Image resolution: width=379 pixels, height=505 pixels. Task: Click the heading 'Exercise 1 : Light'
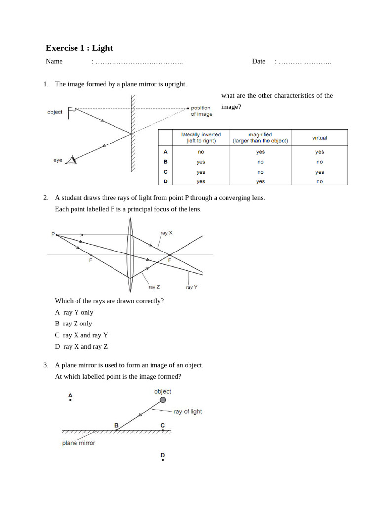79,48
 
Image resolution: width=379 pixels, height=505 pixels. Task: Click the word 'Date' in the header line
258,61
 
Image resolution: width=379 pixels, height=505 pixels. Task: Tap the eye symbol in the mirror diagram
73,159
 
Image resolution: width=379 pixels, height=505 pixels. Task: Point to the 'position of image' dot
188,108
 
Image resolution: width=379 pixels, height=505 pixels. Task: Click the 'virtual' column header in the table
319,138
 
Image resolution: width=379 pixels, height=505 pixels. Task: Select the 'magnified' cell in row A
260,152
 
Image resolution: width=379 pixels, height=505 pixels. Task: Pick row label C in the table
166,172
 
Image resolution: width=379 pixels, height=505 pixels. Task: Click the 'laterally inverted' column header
201,137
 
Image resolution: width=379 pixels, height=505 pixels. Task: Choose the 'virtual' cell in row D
319,181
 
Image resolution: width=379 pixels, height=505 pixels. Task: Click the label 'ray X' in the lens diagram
166,232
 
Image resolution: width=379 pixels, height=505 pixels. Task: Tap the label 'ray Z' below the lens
154,287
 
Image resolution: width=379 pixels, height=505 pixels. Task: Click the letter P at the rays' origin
53,234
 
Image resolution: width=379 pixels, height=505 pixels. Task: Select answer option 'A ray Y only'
74,312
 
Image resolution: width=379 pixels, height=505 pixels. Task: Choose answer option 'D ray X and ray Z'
81,346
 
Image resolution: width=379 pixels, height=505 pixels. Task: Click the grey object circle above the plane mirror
163,400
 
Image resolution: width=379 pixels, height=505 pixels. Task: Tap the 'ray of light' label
188,411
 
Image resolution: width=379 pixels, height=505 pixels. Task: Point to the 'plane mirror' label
78,443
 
